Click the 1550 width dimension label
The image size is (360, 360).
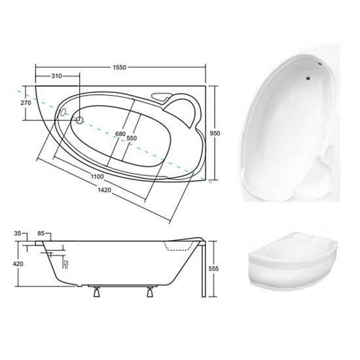119,67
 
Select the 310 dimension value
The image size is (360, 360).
56,76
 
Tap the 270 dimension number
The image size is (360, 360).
26,103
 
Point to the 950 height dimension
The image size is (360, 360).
215,133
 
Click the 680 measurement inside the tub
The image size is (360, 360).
120,134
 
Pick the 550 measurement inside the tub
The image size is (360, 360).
132,138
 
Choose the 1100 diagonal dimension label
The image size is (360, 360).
98,177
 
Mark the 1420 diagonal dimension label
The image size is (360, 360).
105,190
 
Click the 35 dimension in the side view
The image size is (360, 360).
18,234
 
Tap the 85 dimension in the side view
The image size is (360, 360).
41,234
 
